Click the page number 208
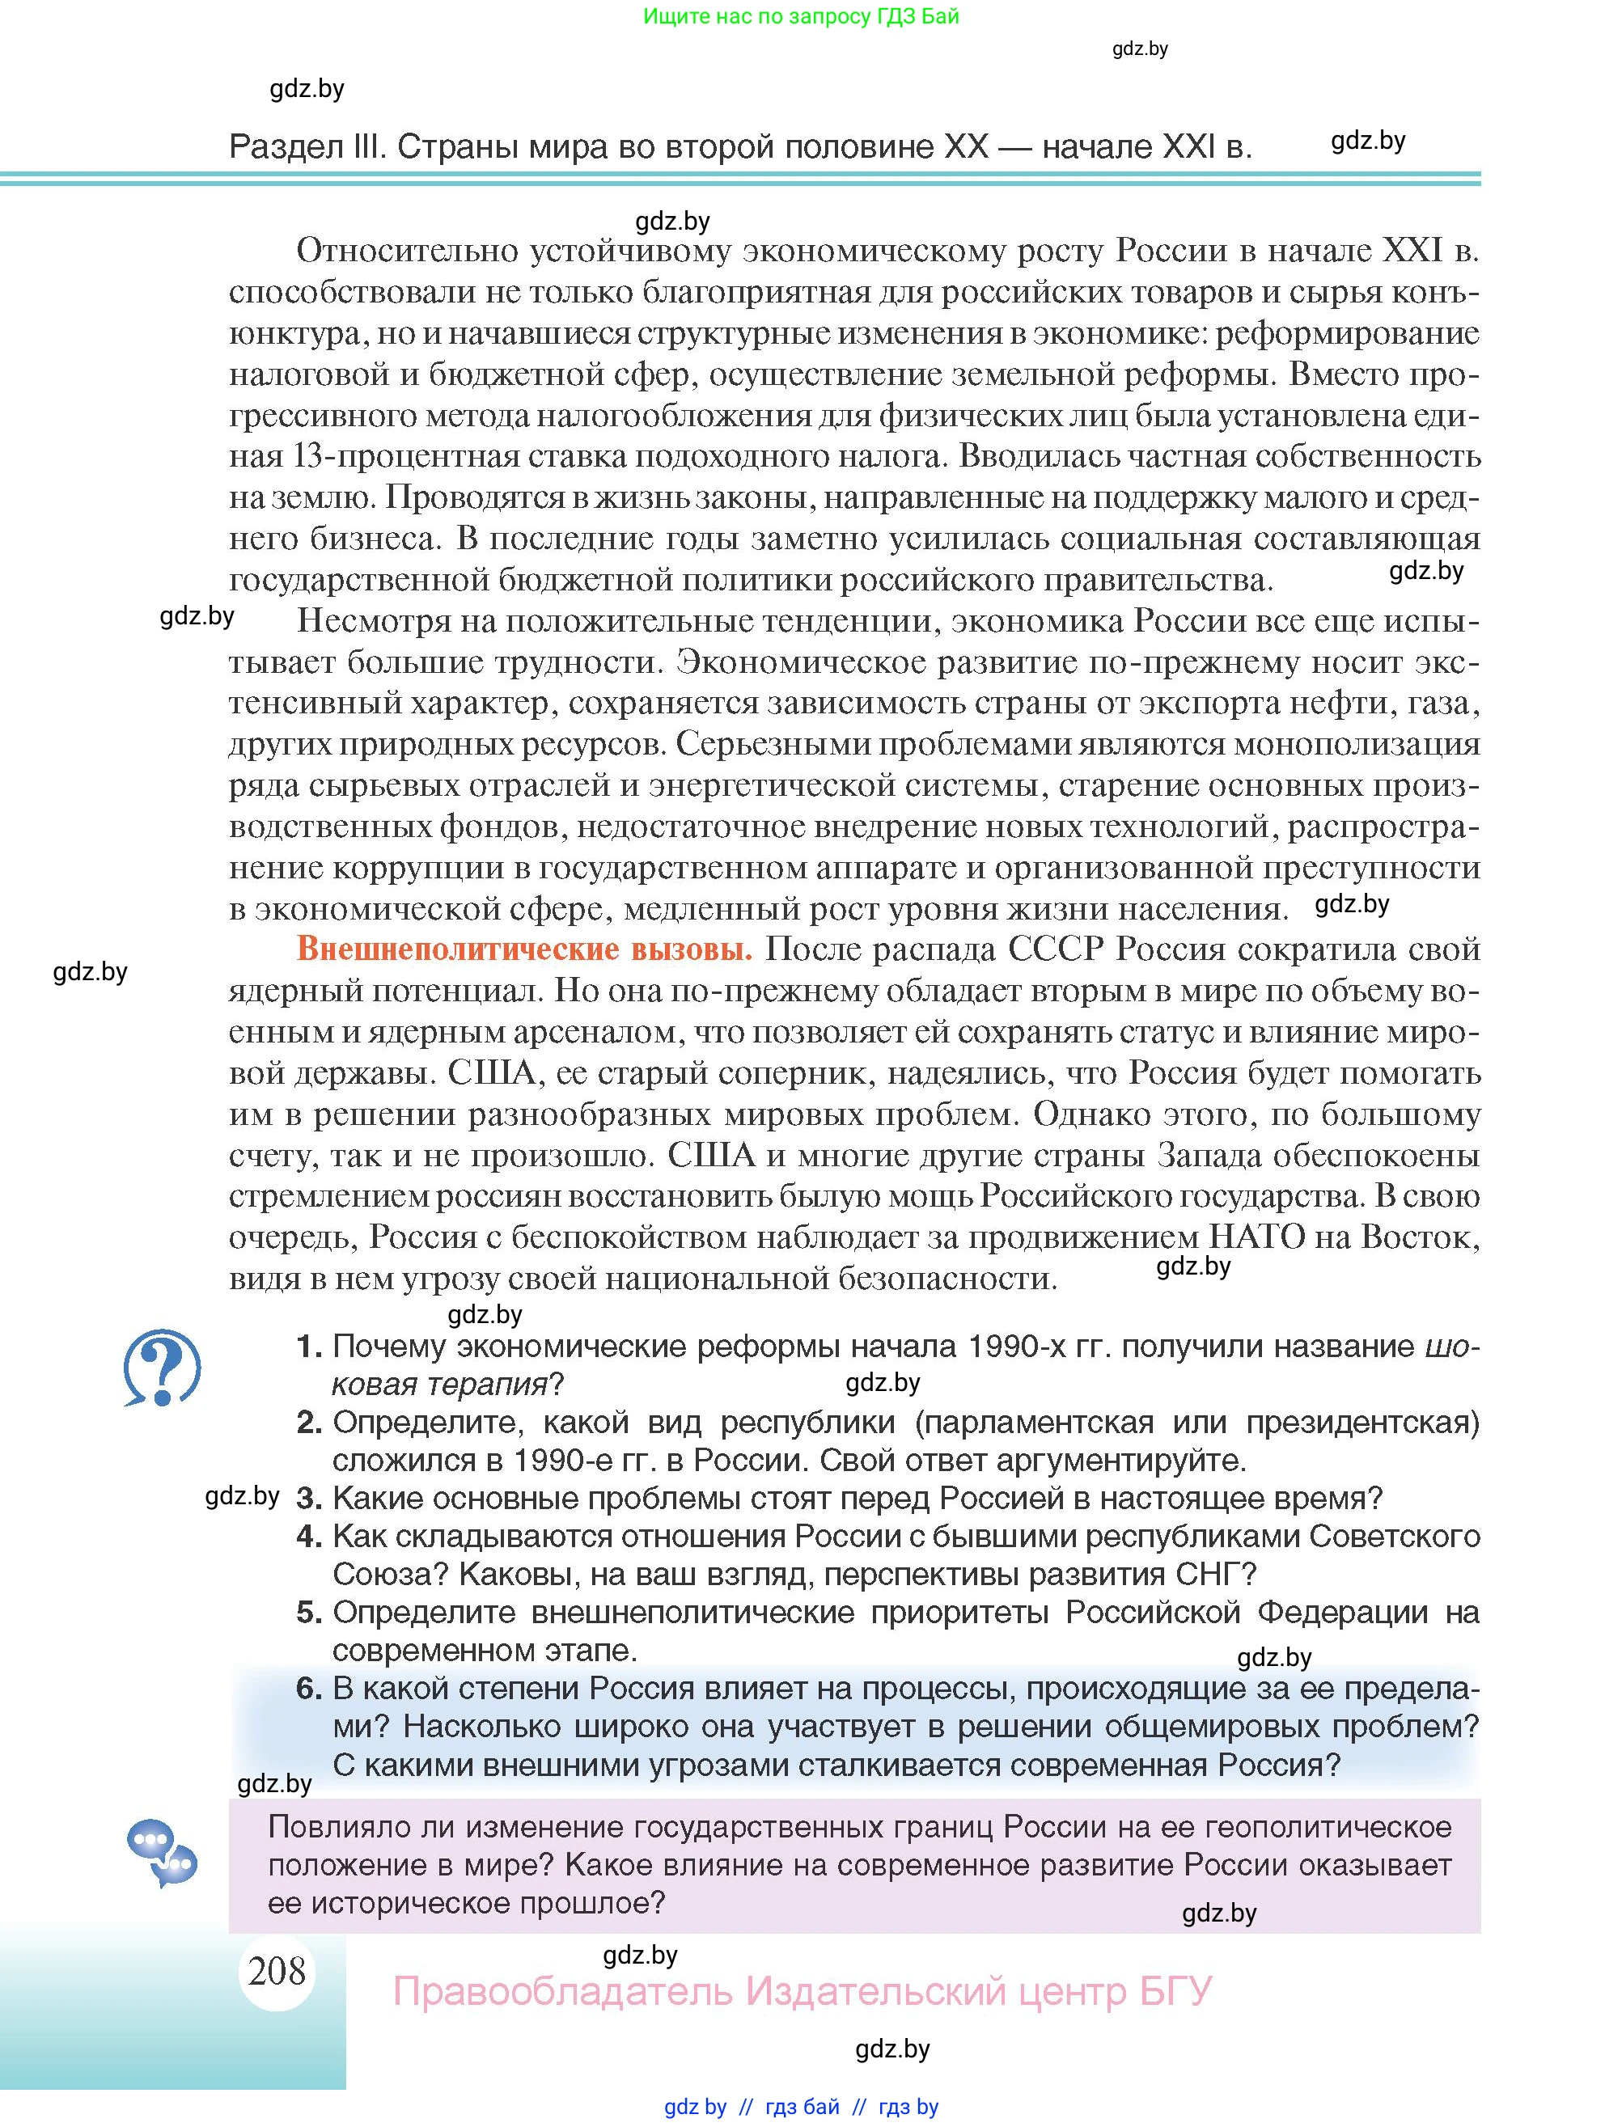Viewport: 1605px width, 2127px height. point(276,1970)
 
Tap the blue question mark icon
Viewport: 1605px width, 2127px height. point(162,1367)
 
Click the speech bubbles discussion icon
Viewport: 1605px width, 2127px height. point(162,1852)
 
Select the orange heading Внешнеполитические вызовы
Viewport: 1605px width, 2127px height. point(524,949)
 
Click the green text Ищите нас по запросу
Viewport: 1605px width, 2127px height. point(740,16)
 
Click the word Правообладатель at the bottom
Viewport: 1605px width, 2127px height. point(562,1990)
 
